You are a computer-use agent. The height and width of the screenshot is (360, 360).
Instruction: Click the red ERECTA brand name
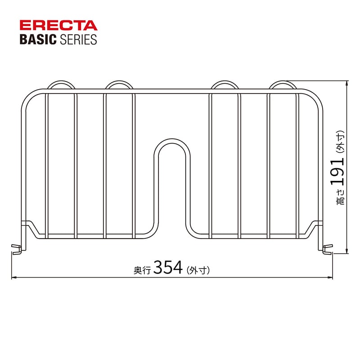click(x=58, y=25)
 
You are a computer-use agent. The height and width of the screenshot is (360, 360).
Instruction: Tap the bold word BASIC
click(x=37, y=40)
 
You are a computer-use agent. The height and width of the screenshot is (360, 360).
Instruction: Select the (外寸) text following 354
click(x=198, y=270)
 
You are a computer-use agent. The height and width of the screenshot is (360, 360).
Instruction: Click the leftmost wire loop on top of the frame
click(x=61, y=85)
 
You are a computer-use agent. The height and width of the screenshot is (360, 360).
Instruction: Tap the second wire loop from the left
click(x=119, y=85)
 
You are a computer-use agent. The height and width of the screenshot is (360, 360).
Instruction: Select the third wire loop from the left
click(x=225, y=85)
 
